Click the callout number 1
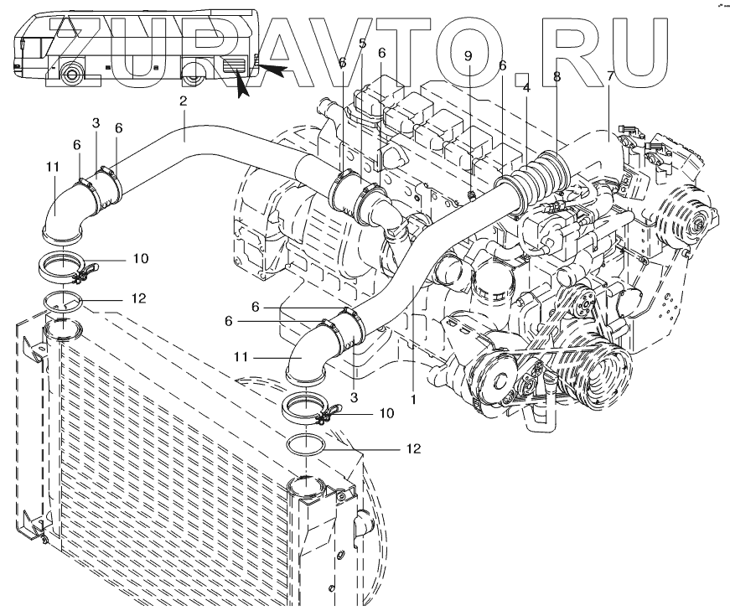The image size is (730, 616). (x=412, y=400)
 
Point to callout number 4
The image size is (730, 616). (x=526, y=86)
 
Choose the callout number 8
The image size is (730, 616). (x=556, y=76)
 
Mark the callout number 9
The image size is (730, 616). (x=469, y=56)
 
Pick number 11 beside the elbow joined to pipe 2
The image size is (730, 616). (x=53, y=167)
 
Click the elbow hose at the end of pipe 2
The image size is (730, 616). (x=60, y=214)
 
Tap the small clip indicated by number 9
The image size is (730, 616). (x=471, y=197)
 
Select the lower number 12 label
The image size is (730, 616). (x=412, y=448)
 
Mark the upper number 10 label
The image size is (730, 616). (x=141, y=258)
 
